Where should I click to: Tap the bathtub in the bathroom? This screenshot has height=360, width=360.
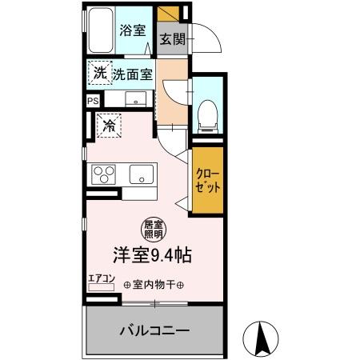pyautogui.click(x=101, y=33)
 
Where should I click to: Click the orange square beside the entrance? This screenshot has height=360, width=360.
pyautogui.click(x=169, y=14)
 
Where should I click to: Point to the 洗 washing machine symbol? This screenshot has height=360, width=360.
pyautogui.click(x=99, y=74)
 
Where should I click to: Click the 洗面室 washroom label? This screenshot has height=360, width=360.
pyautogui.click(x=131, y=76)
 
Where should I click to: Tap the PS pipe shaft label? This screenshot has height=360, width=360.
pyautogui.click(x=94, y=101)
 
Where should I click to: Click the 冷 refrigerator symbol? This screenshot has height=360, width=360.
pyautogui.click(x=108, y=125)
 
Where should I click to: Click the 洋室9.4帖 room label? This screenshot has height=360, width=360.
pyautogui.click(x=151, y=257)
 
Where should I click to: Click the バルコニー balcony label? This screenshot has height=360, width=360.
pyautogui.click(x=154, y=330)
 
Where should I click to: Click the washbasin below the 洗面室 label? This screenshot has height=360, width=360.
pyautogui.click(x=134, y=99)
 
